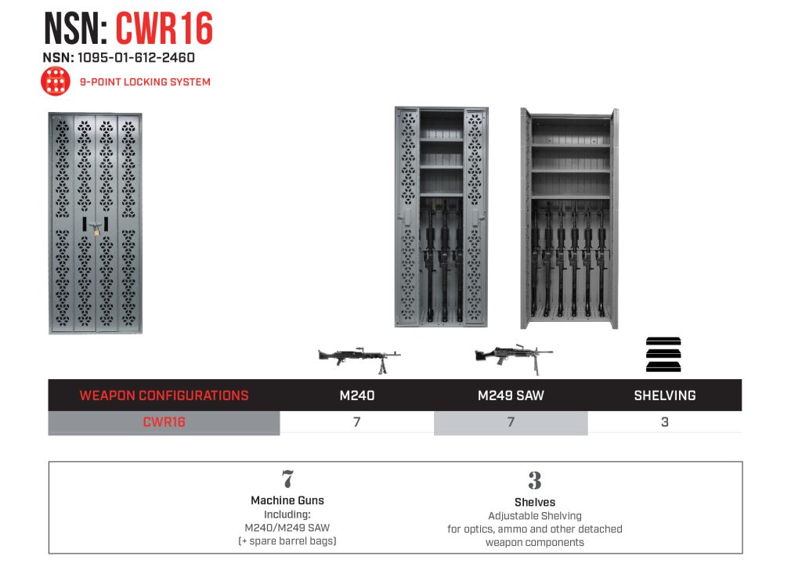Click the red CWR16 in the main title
tap(164, 30)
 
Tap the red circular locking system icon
tap(56, 81)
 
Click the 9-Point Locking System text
tap(145, 81)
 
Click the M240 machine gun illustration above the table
tap(359, 357)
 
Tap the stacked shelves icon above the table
tap(663, 355)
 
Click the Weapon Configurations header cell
tap(164, 395)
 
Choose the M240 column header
tap(357, 395)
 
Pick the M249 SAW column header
tap(511, 395)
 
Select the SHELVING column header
tap(664, 395)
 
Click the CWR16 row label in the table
tap(164, 422)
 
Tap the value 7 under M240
tap(357, 422)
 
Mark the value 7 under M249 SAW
tap(511, 422)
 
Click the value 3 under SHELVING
tap(664, 422)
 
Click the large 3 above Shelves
tap(535, 480)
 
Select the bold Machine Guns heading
tap(287, 500)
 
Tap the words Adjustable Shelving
tap(535, 516)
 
